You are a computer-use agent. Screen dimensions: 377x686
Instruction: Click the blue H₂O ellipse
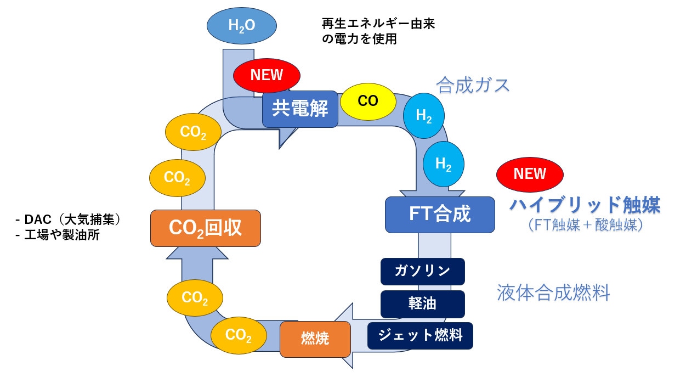pos(242,25)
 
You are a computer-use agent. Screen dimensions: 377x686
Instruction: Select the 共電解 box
pos(300,109)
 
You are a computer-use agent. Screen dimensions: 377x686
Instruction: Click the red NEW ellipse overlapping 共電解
pos(267,75)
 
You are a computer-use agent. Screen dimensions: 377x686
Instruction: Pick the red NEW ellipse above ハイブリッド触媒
pos(530,174)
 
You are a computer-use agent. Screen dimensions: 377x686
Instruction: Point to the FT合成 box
pos(440,214)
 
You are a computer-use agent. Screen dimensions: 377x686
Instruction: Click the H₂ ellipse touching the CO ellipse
pos(423,116)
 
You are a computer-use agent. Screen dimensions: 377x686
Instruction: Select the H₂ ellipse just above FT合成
pos(443,164)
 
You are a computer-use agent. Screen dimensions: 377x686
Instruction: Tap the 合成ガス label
pos(473,85)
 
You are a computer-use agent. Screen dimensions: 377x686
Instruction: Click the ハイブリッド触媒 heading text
pos(585,205)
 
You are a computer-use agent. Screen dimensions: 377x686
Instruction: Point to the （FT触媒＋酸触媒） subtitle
pos(585,225)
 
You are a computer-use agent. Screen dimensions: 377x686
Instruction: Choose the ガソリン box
pos(422,271)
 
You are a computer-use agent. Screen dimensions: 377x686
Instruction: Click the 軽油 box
pos(422,303)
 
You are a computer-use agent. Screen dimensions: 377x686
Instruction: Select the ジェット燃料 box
pos(419,335)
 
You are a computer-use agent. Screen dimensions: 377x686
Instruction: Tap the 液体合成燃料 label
pos(553,292)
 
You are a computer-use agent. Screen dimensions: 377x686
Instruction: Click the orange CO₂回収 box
pos(206,228)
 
